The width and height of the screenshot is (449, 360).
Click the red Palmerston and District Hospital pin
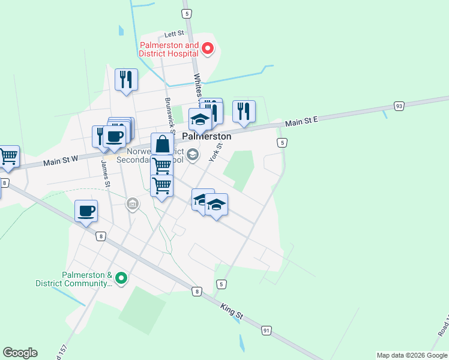click(x=208, y=49)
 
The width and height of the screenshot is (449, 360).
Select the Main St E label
click(x=301, y=122)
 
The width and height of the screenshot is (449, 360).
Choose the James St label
click(x=106, y=172)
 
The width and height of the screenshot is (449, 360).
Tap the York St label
click(x=216, y=152)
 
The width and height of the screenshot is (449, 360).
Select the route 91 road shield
click(x=266, y=330)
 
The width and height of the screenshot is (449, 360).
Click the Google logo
click(x=20, y=353)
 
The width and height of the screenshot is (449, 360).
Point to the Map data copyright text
click(x=411, y=355)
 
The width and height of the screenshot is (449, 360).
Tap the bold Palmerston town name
click(x=206, y=136)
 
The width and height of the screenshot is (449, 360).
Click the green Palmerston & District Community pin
click(x=121, y=278)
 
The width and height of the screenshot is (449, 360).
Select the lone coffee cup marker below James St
click(x=86, y=211)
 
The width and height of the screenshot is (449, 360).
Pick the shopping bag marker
click(x=162, y=143)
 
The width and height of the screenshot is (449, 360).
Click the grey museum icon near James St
click(x=132, y=205)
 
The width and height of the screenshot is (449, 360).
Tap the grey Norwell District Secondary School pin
click(x=192, y=155)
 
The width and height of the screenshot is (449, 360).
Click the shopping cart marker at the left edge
click(x=8, y=156)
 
